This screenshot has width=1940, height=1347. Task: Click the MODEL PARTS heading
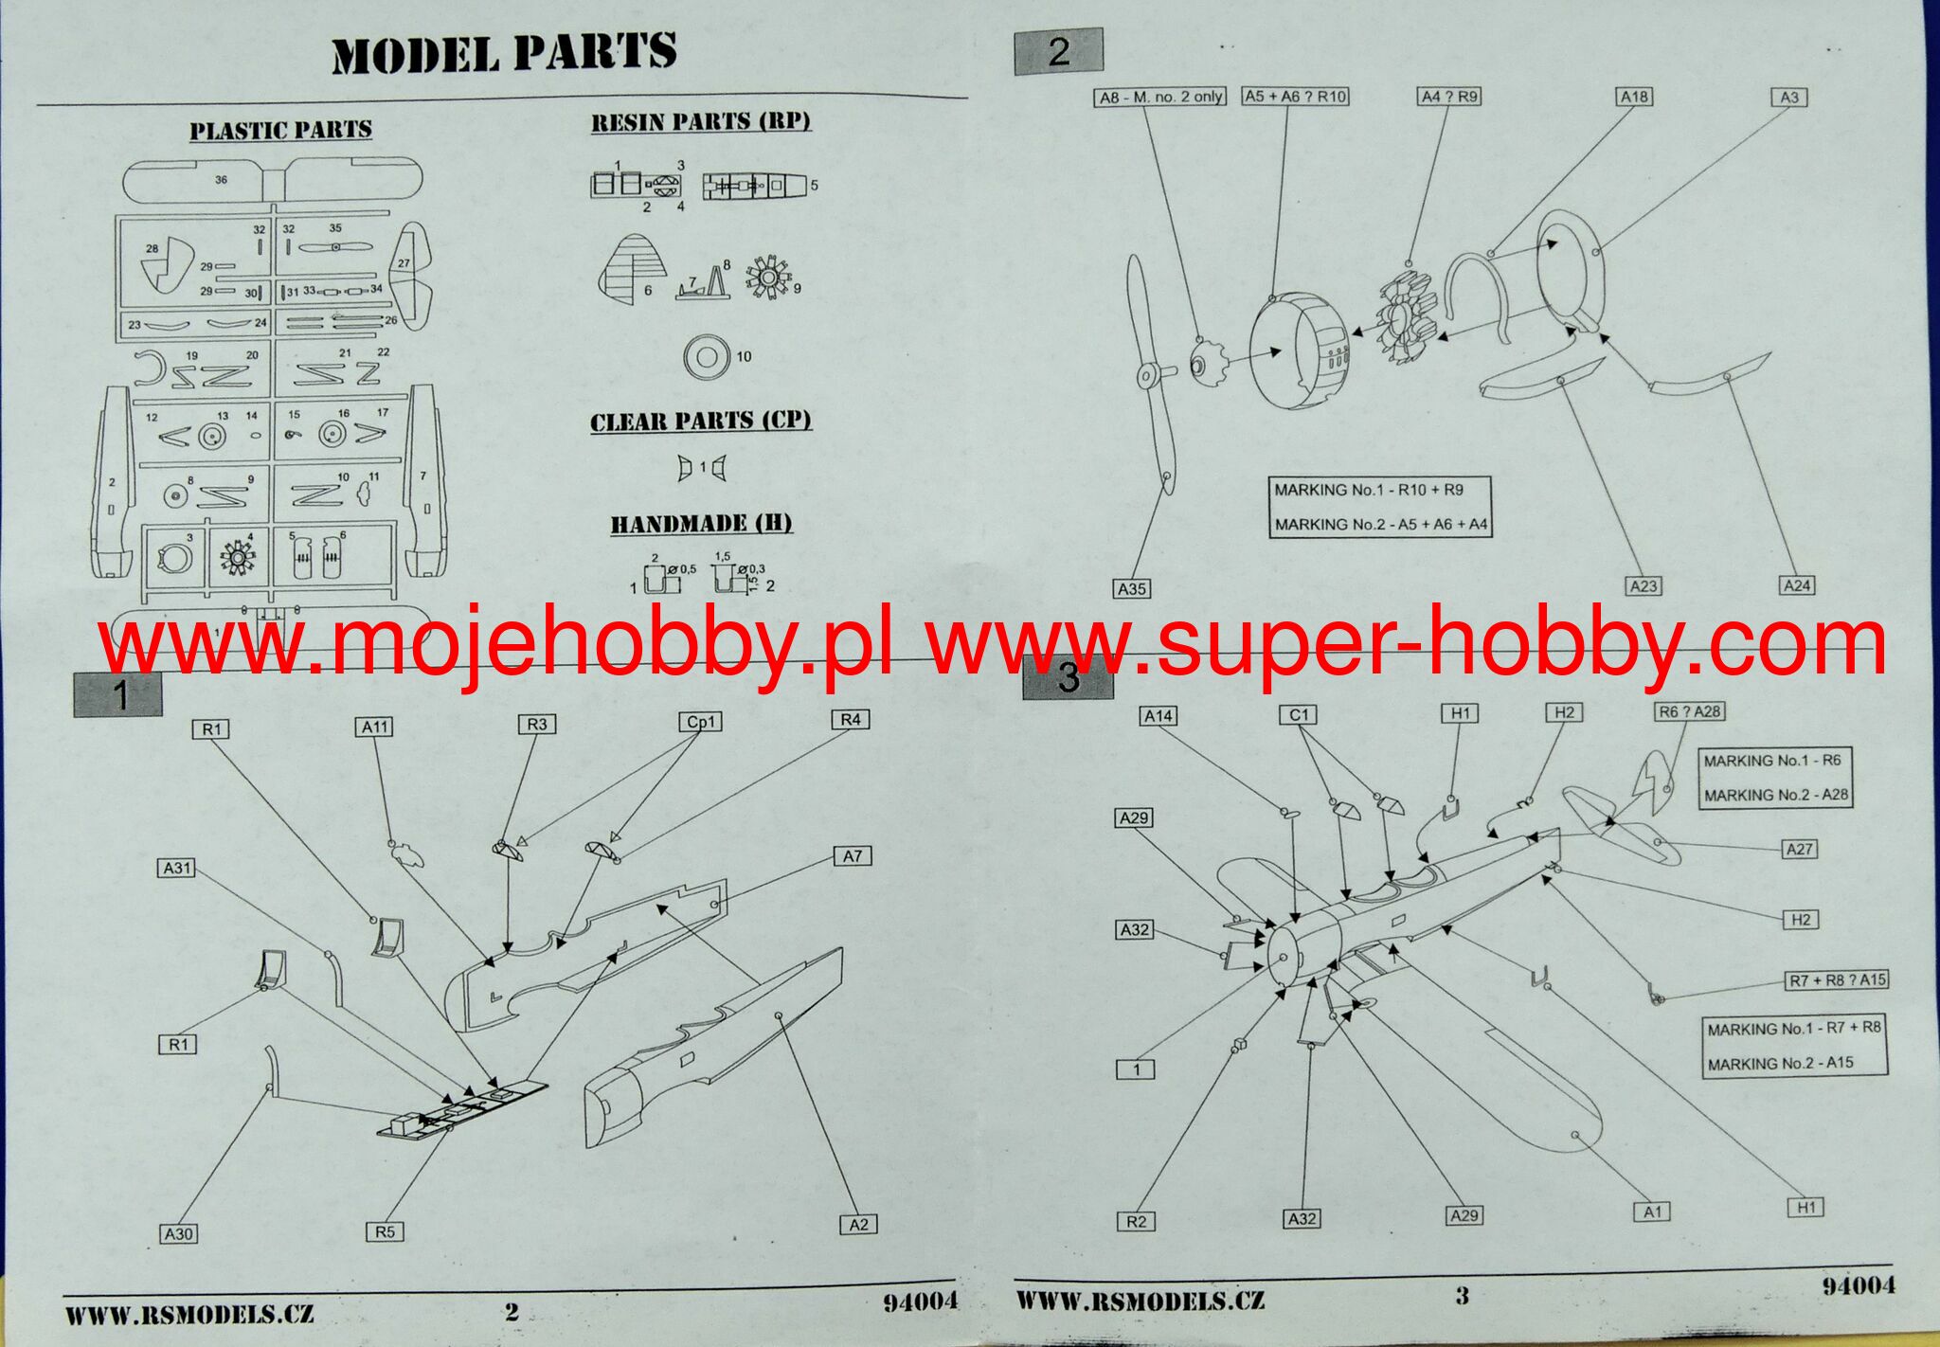504,53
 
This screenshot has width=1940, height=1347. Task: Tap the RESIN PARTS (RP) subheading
701,122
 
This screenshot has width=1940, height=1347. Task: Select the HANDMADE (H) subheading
701,524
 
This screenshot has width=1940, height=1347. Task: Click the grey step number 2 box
1058,51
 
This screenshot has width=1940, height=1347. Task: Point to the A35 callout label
1132,589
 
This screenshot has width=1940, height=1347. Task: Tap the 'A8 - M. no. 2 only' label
1160,97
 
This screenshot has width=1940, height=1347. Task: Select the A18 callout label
1634,97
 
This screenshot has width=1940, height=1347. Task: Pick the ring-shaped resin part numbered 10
706,357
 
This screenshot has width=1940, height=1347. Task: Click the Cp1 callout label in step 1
701,722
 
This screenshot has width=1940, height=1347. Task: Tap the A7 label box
853,856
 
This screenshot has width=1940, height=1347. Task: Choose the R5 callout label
385,1231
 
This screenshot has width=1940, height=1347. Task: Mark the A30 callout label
178,1233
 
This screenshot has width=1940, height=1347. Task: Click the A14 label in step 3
1159,716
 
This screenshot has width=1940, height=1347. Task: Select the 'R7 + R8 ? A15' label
1837,980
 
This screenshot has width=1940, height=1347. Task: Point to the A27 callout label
1799,849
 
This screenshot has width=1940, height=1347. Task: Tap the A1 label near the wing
1652,1212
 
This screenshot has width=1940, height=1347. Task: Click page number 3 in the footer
1462,1295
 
